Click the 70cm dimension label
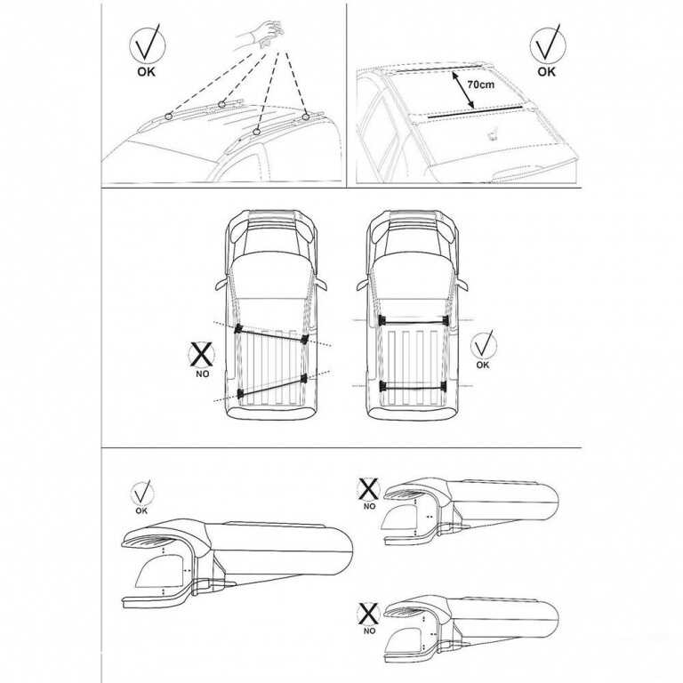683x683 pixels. point(479,83)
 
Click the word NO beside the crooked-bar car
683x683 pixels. point(203,375)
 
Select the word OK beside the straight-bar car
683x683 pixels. point(482,364)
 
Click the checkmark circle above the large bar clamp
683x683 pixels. point(141,492)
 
